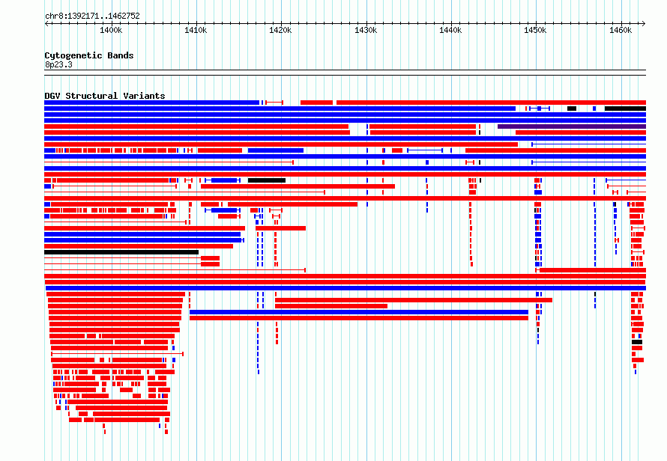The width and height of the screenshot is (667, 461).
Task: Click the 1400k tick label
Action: click(111, 31)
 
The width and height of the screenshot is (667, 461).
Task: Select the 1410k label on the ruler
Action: click(196, 31)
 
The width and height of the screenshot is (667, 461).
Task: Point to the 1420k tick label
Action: click(281, 31)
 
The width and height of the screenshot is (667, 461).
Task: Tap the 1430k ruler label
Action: click(366, 31)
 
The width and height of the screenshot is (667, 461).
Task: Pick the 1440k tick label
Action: click(450, 31)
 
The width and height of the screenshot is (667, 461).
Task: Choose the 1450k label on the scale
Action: click(536, 31)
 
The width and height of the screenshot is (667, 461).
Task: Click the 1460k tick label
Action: click(621, 31)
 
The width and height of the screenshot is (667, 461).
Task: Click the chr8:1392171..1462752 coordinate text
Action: click(92, 16)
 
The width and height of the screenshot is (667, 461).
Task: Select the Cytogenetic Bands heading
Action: click(89, 55)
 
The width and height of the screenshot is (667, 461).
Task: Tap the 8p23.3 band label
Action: click(58, 64)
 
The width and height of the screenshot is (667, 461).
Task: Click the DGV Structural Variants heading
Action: click(105, 96)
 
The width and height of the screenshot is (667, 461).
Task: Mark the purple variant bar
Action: click(572, 126)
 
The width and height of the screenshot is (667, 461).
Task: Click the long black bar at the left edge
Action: click(121, 252)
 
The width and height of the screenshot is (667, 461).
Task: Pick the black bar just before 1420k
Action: click(267, 180)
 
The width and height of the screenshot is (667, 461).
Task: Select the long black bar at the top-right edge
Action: click(625, 109)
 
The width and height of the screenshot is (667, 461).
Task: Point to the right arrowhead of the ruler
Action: click(645, 23)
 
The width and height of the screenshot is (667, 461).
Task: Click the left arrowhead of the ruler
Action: click(46, 23)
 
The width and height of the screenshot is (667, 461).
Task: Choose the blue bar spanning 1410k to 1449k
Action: click(359, 312)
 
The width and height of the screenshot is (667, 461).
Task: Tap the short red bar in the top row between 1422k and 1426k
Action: click(316, 103)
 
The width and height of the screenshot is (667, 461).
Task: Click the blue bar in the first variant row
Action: click(152, 103)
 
